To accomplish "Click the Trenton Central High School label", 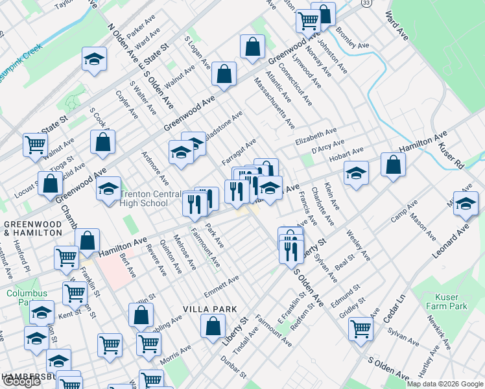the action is pyautogui.click(x=145, y=198).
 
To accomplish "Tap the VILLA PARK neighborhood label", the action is pyautogui.click(x=209, y=309).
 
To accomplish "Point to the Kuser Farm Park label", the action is pyautogui.click(x=447, y=301).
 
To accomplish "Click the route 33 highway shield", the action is pyautogui.click(x=366, y=4).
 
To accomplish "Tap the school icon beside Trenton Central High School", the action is pyautogui.click(x=109, y=188).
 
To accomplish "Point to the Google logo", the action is pyautogui.click(x=21, y=381).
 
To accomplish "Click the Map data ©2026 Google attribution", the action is pyautogui.click(x=445, y=384).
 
